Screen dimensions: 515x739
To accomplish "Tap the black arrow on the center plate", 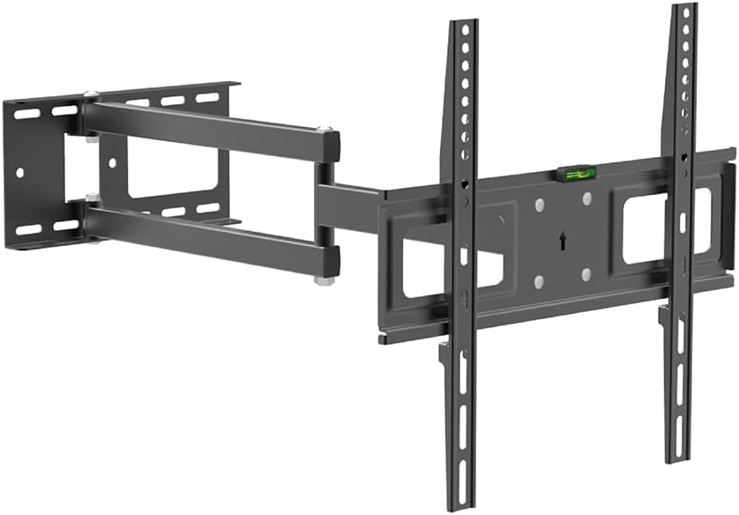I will (561, 239).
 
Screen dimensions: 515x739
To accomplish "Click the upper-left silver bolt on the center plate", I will (537, 205).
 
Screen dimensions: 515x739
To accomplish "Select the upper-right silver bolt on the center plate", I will (586, 199).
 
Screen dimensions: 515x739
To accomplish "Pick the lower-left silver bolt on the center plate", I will (537, 281).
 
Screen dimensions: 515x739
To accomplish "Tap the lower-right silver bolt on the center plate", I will (586, 275).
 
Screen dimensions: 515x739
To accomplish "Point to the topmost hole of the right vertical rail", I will (685, 16).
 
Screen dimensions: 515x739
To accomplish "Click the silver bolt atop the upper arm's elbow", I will (327, 131).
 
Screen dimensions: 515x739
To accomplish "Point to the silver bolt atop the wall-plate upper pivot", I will (91, 94).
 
